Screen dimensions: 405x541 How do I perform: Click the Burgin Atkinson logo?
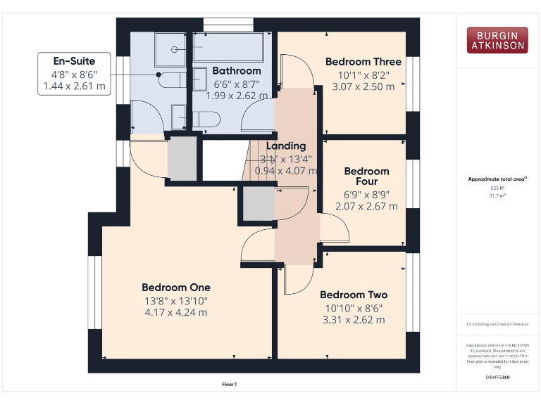pos(496,40)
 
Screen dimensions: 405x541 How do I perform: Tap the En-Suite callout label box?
pos(74,74)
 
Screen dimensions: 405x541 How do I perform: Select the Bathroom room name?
pos(237,70)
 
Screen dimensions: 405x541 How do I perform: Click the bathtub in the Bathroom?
pos(232,47)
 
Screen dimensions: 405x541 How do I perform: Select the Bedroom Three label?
pos(363,62)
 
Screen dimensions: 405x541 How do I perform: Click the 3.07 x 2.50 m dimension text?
pos(363,86)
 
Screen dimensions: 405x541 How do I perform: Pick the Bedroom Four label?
pos(366,176)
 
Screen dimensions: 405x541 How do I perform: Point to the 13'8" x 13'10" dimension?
pos(175,300)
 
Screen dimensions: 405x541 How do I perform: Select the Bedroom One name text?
pos(175,287)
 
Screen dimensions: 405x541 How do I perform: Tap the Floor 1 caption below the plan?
pos(229,384)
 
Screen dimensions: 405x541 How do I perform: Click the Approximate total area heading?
pos(496,179)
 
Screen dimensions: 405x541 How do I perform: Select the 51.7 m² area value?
pos(496,196)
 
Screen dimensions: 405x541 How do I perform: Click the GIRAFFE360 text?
pos(496,378)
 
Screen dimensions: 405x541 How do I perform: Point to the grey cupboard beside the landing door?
pos(259,204)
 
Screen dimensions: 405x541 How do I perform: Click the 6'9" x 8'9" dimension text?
pos(366,194)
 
